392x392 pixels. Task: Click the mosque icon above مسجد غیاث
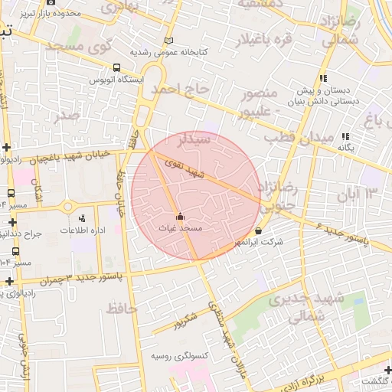(181, 217)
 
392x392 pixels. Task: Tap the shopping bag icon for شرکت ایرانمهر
(258, 231)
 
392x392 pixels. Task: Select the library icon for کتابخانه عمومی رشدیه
(169, 41)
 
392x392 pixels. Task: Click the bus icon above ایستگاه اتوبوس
(116, 67)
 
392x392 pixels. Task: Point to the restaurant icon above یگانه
(346, 136)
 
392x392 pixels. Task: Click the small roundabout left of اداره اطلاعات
(67, 207)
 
